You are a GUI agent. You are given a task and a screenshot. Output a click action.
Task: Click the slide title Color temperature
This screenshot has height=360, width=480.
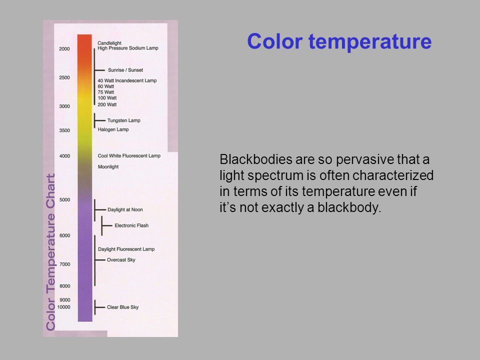339,41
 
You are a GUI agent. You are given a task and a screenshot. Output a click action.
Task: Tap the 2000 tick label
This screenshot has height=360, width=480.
64,48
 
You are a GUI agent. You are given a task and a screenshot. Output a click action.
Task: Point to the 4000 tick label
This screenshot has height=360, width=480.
64,156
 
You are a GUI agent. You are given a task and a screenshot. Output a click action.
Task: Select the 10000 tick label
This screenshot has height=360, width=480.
63,307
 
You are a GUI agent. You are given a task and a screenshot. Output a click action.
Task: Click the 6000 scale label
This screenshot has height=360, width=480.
64,235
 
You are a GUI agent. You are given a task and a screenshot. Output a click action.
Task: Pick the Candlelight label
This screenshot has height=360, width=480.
109,43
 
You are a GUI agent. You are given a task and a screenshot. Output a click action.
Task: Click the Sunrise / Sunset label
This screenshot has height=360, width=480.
125,70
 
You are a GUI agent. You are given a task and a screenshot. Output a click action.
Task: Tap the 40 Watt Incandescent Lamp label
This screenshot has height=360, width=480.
127,80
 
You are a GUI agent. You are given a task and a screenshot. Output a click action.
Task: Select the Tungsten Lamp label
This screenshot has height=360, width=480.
123,120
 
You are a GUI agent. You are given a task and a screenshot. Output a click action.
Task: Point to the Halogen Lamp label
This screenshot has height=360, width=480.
113,129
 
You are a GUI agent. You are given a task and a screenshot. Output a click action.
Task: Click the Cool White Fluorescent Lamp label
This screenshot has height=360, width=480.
129,156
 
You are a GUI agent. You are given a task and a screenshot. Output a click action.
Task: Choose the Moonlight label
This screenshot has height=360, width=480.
108,167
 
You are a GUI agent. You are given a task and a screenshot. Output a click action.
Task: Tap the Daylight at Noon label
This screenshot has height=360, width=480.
125,209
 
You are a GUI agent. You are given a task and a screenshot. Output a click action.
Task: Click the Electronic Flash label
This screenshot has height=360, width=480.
131,225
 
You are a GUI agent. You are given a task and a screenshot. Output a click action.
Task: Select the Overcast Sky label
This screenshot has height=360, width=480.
121,260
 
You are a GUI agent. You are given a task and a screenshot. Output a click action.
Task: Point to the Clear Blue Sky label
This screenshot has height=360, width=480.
123,307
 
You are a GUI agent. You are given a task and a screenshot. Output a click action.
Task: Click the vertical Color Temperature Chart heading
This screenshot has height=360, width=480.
50,252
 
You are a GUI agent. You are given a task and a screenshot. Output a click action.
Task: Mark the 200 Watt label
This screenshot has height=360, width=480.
107,104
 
